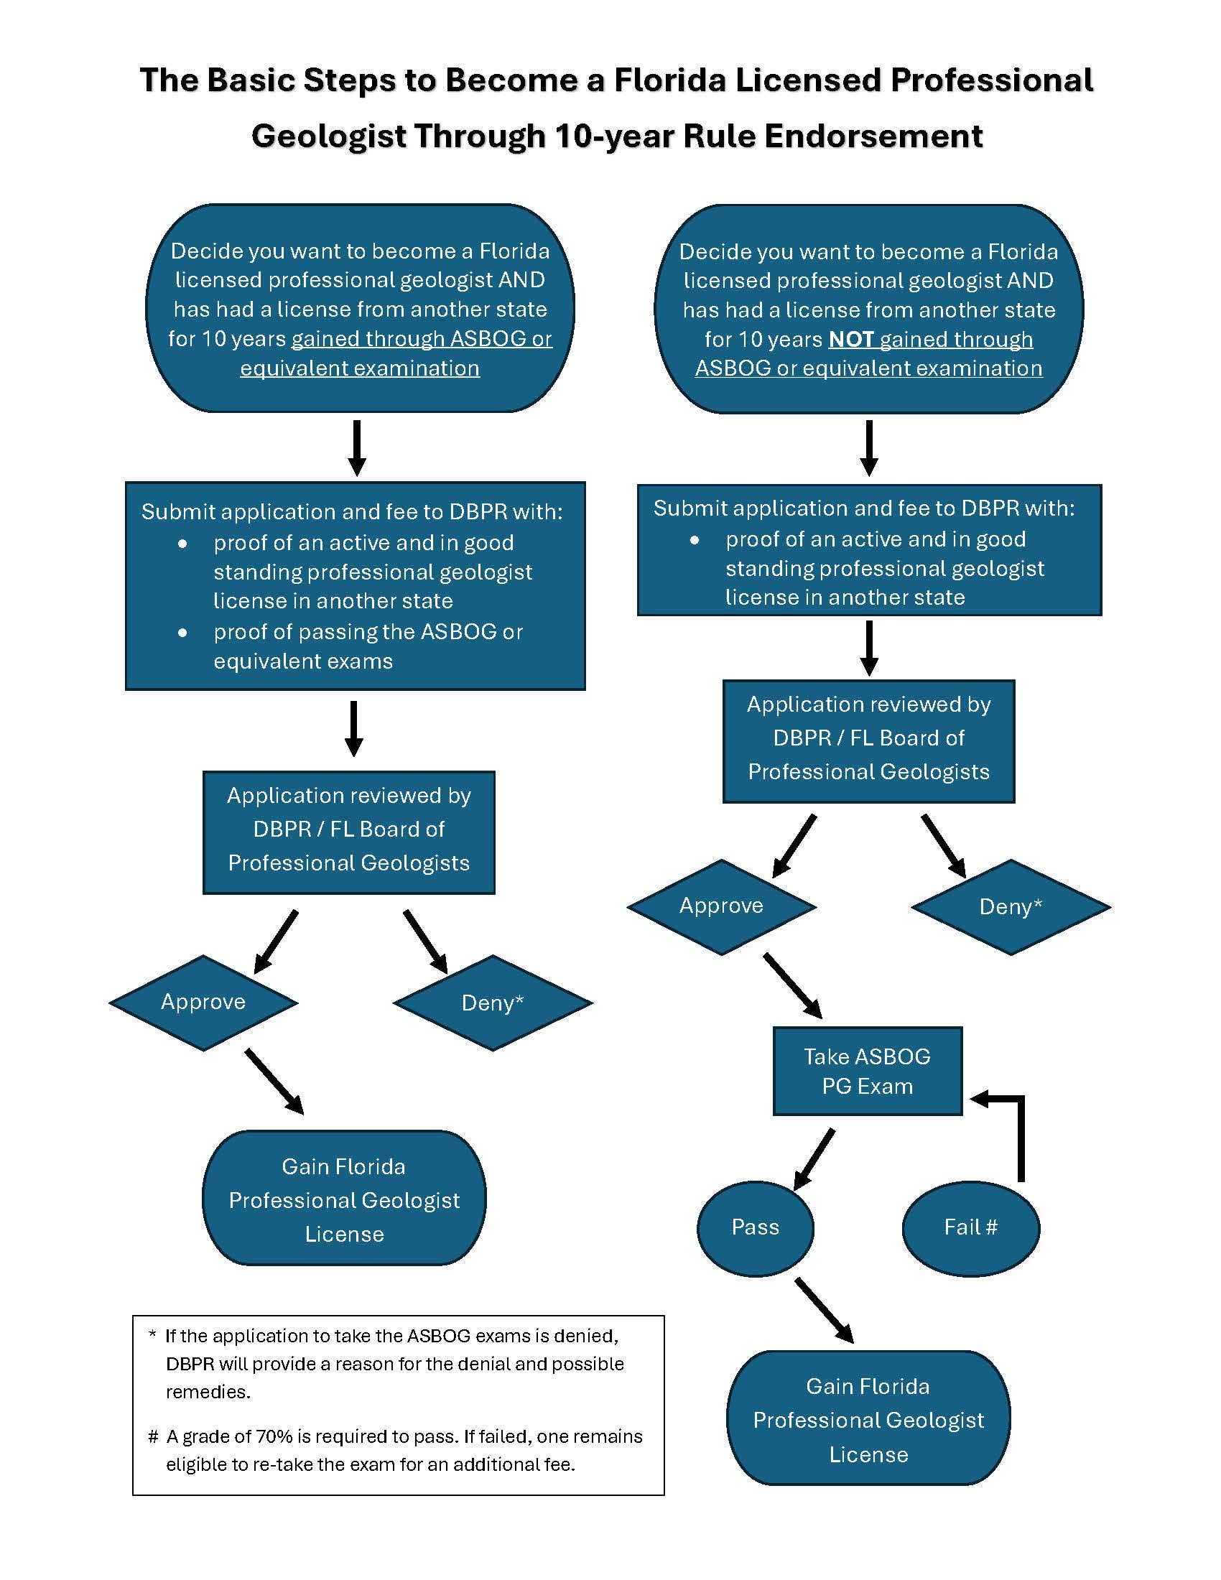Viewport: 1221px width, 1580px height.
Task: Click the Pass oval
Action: click(755, 1227)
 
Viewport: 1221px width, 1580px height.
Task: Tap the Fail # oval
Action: click(971, 1227)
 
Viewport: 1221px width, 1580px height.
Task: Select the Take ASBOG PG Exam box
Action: click(868, 1071)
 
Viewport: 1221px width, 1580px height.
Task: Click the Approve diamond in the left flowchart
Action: click(203, 1002)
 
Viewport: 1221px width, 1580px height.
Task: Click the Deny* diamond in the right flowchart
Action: click(1011, 906)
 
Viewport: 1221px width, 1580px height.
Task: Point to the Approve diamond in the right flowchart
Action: click(721, 906)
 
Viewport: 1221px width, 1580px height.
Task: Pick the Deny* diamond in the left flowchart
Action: click(493, 1003)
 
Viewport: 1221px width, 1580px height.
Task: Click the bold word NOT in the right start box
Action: click(850, 339)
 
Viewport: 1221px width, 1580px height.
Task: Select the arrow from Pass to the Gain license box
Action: click(824, 1310)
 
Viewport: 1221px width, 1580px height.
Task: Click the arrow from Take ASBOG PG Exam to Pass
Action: click(815, 1158)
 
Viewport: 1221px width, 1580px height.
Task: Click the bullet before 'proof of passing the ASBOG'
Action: click(183, 632)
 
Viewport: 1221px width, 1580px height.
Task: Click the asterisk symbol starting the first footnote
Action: click(152, 1336)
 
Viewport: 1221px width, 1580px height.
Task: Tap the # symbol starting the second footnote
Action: click(152, 1436)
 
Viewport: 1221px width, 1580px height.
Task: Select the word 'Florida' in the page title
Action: click(670, 80)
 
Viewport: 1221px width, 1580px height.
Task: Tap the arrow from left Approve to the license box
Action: click(274, 1081)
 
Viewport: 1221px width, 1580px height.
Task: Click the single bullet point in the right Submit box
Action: click(695, 539)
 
